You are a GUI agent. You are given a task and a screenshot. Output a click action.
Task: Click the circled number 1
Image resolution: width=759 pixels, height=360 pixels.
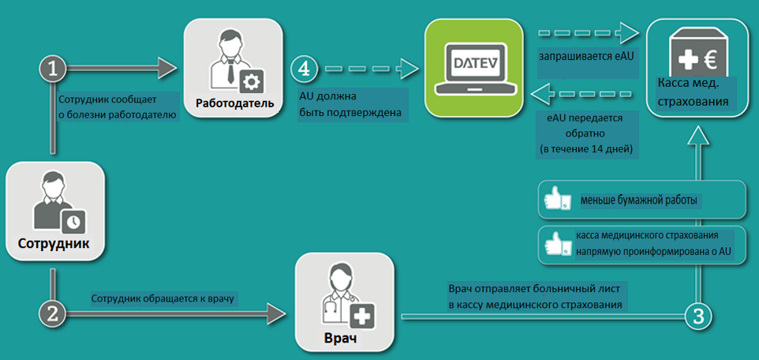(x=53, y=69)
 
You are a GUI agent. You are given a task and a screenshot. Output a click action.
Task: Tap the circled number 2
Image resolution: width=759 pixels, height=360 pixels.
(x=53, y=313)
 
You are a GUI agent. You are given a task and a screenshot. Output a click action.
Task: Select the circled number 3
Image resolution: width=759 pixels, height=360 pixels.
(x=697, y=316)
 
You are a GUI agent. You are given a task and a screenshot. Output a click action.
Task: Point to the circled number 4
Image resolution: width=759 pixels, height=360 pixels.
(x=304, y=69)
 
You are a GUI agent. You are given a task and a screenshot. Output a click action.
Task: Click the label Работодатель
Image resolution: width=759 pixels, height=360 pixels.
(x=235, y=103)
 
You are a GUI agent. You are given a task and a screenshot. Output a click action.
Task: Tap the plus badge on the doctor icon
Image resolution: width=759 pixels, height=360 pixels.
(x=362, y=316)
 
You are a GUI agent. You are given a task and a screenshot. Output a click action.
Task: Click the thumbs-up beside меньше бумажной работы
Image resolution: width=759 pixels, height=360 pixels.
(x=558, y=201)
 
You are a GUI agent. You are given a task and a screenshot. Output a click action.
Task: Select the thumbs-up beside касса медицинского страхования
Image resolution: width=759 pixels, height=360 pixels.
(x=558, y=245)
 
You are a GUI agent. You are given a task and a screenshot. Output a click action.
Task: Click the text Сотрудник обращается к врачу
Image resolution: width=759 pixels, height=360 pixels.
(x=164, y=298)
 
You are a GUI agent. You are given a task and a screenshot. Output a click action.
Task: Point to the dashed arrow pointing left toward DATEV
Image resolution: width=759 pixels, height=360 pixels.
(x=584, y=96)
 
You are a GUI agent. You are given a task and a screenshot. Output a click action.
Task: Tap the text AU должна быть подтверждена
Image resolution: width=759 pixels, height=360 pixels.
(x=350, y=105)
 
